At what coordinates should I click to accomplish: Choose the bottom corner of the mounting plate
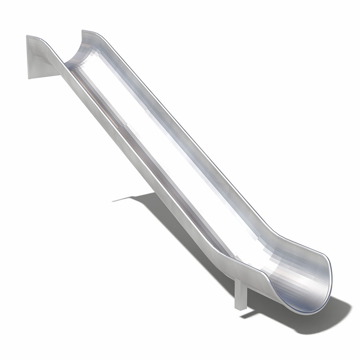point(30,78)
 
